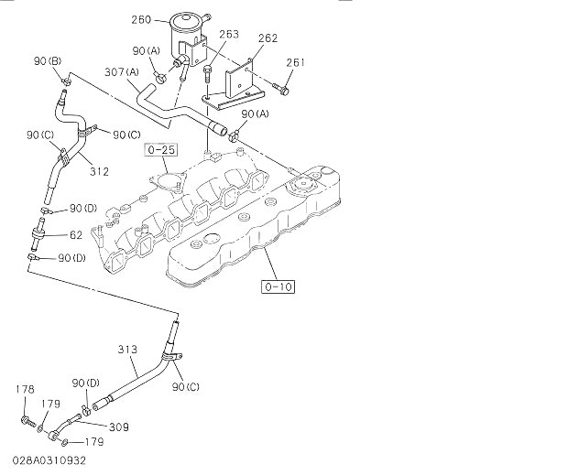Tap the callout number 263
click(x=228, y=35)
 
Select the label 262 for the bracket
click(x=268, y=38)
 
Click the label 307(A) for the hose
click(x=123, y=72)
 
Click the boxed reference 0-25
click(x=158, y=147)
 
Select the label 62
click(x=77, y=235)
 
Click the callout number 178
click(x=25, y=390)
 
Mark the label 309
click(x=119, y=426)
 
